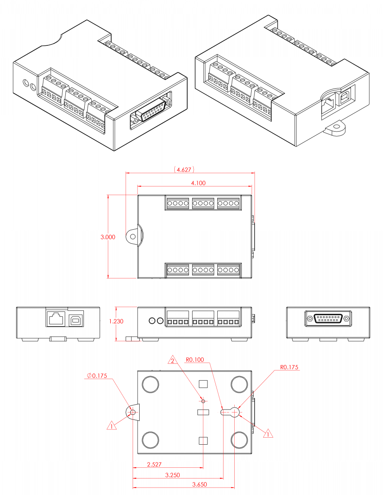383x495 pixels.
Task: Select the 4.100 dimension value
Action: click(197, 183)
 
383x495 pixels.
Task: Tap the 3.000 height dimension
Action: click(108, 237)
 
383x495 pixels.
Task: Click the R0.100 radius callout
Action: click(195, 360)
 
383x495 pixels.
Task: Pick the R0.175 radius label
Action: click(289, 367)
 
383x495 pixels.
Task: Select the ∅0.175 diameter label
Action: click(97, 376)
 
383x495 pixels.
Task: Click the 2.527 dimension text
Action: click(154, 464)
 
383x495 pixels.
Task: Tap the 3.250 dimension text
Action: click(172, 475)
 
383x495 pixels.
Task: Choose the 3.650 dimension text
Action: click(200, 485)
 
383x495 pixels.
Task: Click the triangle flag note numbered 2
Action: click(173, 361)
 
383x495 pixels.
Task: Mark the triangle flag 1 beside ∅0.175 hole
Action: click(111, 425)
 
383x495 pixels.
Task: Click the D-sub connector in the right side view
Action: click(328, 318)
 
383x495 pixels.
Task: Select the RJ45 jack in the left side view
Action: click(56, 318)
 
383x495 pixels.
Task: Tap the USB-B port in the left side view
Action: click(75, 318)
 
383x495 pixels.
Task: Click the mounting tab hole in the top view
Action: click(133, 237)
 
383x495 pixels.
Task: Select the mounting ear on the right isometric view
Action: click(337, 128)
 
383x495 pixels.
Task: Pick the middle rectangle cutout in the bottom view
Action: click(203, 412)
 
